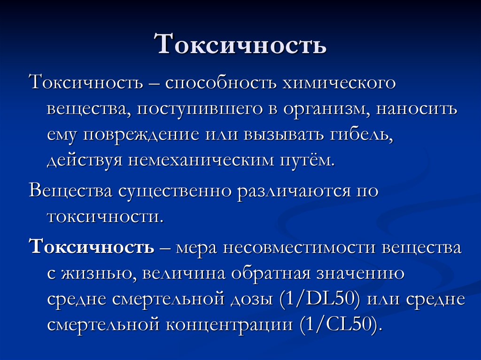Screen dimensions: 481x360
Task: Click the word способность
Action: [221, 83]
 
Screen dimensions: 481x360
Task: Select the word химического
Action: [339, 83]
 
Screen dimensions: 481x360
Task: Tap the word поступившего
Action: [199, 110]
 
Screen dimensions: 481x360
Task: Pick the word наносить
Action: [417, 109]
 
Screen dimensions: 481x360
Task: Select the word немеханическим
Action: [200, 161]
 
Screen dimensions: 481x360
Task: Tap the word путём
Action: [307, 161]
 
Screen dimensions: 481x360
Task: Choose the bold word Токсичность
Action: [92, 246]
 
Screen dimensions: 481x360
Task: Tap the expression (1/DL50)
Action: [319, 299]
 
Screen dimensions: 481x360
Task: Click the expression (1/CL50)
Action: [341, 324]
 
